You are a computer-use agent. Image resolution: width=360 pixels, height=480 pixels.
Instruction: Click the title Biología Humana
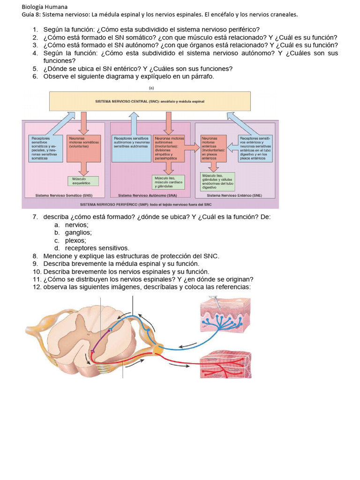(45, 7)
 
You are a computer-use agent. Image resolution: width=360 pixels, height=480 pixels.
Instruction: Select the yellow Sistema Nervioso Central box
(150, 101)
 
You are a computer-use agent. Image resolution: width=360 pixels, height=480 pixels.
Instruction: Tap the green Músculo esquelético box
(83, 181)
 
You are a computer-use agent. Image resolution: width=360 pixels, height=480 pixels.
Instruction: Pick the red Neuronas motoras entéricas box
(213, 149)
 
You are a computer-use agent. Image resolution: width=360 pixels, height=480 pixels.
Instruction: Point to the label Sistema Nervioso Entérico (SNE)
(234, 196)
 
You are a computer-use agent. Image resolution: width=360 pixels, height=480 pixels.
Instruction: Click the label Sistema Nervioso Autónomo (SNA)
(147, 196)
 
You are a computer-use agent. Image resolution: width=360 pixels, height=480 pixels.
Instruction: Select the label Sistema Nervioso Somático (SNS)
(64, 196)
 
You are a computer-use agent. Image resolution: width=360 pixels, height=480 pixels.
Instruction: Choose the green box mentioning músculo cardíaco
(169, 181)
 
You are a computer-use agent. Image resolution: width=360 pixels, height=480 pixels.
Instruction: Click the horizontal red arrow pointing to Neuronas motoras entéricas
(191, 148)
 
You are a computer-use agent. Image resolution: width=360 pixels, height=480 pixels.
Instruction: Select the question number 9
(35, 264)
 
